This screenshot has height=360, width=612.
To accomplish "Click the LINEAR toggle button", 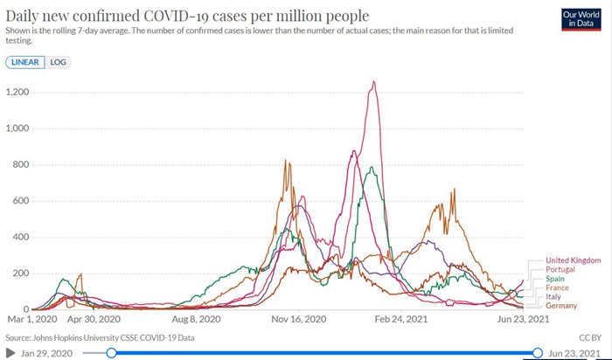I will tap(24, 63).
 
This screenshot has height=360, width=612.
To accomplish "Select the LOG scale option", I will tap(57, 63).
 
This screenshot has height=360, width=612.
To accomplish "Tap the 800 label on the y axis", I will tap(20, 164).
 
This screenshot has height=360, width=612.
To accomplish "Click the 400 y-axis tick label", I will tap(20, 237).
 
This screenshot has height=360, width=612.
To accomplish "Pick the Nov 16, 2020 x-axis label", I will tap(300, 320).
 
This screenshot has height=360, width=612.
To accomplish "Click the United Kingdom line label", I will tap(573, 260).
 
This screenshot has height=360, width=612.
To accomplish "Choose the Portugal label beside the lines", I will tap(560, 269).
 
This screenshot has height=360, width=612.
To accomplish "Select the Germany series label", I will tap(561, 306).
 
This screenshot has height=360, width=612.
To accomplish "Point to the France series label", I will tap(558, 287).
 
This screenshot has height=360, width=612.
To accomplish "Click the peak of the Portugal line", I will tap(374, 82).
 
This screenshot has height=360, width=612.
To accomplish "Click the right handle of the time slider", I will tap(538, 352).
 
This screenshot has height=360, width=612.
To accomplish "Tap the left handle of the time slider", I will tap(111, 352).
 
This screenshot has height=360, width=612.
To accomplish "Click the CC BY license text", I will tap(589, 336).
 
